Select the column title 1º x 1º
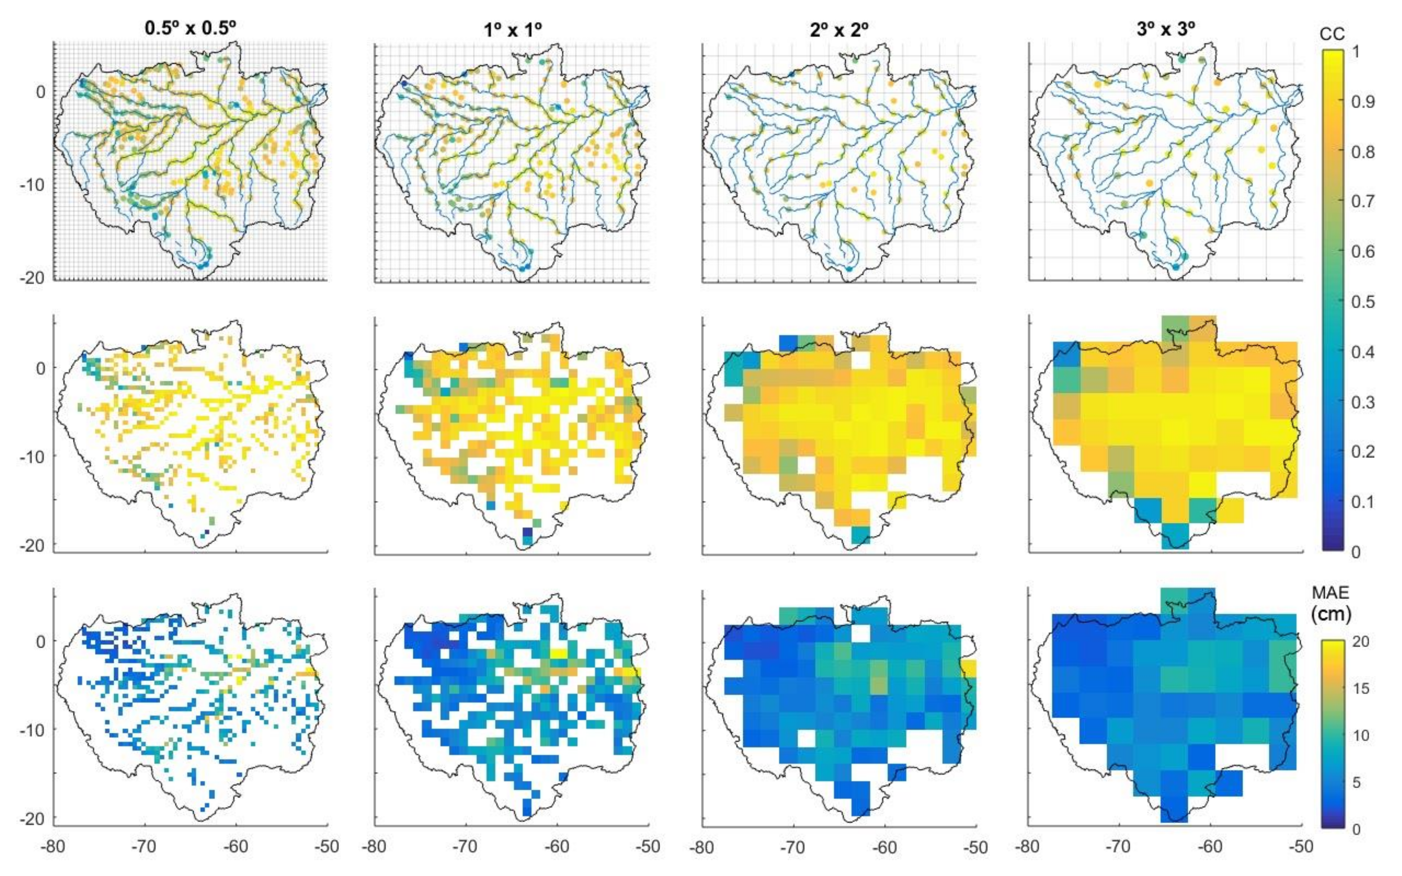pos(513,29)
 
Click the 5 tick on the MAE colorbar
pos(1357,782)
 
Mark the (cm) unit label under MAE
pos(1331,614)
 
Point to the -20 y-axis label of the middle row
pos(33,546)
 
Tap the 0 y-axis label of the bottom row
pos(41,642)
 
